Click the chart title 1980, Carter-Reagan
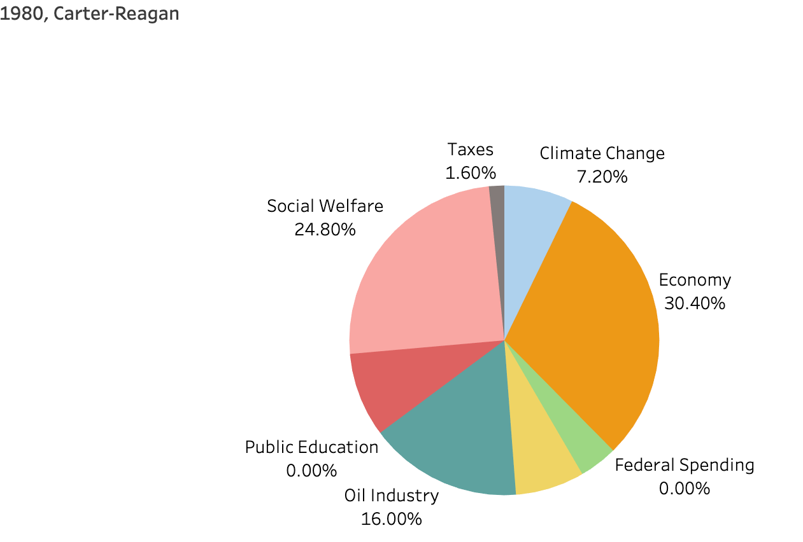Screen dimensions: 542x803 [x=90, y=13]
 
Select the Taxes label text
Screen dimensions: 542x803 [x=471, y=149]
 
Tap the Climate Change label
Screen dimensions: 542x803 [x=602, y=153]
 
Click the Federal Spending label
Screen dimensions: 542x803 [x=684, y=465]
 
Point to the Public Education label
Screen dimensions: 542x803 [x=311, y=447]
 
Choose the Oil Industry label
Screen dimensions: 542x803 [x=392, y=496]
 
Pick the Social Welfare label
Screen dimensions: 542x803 [x=325, y=206]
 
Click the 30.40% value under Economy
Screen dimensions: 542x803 [x=695, y=303]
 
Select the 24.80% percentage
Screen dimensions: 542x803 [x=325, y=230]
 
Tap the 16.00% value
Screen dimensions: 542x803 [x=392, y=519]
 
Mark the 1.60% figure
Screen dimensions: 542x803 [x=471, y=173]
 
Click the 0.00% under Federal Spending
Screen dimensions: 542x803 [x=684, y=489]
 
